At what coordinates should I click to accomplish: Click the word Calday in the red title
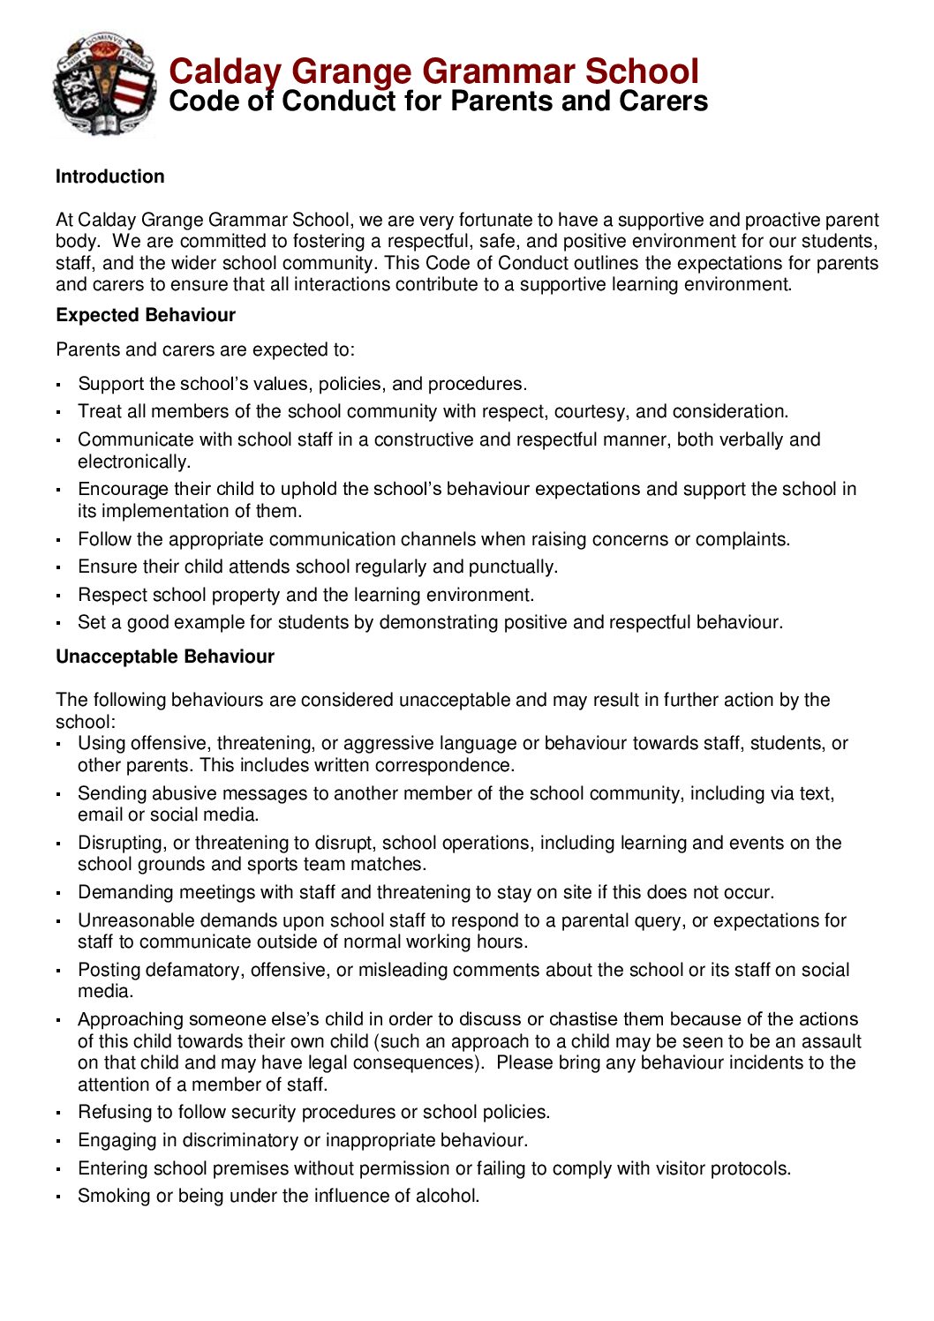(x=225, y=71)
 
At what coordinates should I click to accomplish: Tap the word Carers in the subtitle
(x=663, y=101)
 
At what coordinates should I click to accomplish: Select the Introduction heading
(x=109, y=176)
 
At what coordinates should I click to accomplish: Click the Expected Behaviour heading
(x=146, y=315)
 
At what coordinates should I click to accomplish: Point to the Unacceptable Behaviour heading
(x=165, y=657)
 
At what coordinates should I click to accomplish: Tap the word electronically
(x=133, y=462)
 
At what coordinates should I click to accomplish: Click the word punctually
(x=513, y=567)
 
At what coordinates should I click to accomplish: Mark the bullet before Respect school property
(x=58, y=597)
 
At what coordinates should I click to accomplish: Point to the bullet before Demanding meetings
(x=58, y=894)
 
